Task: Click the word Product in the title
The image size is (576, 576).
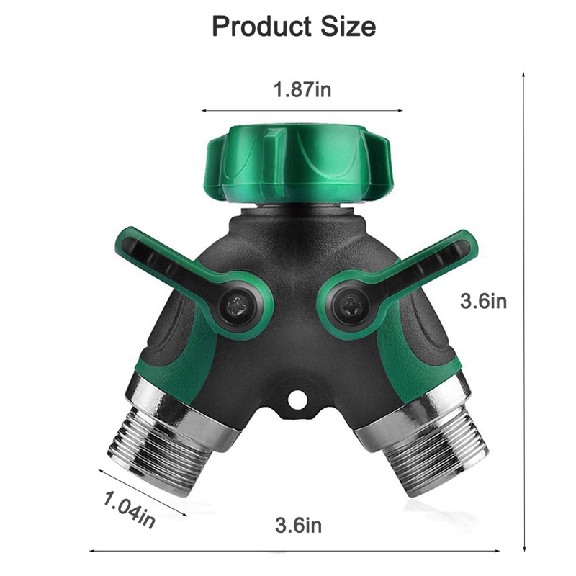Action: [x=256, y=27]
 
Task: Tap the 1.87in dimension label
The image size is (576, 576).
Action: [x=301, y=90]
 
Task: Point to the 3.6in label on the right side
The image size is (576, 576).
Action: [x=483, y=301]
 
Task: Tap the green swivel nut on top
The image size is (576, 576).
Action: [x=299, y=163]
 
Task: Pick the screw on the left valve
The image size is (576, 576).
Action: [x=237, y=306]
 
